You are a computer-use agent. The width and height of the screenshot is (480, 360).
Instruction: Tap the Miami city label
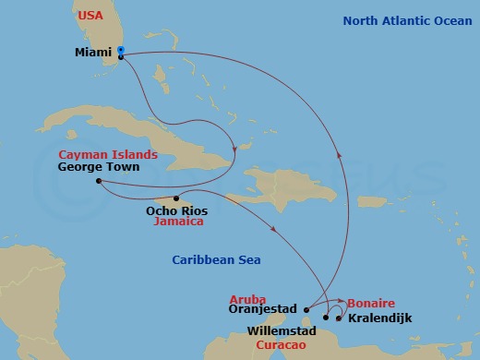click(x=92, y=52)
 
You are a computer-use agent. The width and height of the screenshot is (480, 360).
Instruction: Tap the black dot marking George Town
click(x=98, y=181)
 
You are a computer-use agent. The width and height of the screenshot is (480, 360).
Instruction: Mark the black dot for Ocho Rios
click(x=176, y=198)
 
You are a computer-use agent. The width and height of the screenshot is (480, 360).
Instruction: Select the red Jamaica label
click(x=178, y=222)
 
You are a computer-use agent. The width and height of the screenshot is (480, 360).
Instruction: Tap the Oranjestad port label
click(x=266, y=311)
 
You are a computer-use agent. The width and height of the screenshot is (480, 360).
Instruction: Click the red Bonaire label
click(x=371, y=303)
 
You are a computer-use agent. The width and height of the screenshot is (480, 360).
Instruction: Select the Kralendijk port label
click(x=379, y=318)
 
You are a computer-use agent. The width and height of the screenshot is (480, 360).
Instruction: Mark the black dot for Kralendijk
click(x=339, y=319)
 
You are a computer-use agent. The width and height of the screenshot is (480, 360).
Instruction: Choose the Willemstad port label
click(x=282, y=330)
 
